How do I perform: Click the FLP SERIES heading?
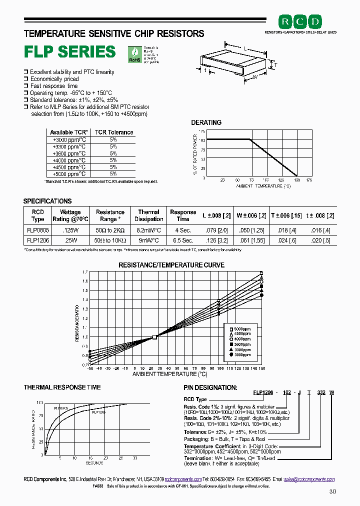[x=70, y=52]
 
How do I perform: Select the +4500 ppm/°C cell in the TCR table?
[x=69, y=167]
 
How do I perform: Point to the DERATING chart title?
[x=206, y=122]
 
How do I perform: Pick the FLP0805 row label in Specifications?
[x=37, y=230]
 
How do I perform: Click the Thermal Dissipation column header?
[x=149, y=215]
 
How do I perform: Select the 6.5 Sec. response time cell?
[x=183, y=240]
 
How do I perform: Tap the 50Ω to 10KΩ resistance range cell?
[x=110, y=240]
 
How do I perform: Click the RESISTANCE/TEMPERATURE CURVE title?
[x=171, y=265]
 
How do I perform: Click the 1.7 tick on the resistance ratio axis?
[x=85, y=272]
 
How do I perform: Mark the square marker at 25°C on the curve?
[x=155, y=337]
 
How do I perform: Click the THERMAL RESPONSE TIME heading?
[x=62, y=387]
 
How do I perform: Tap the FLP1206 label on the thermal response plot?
[x=98, y=412]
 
